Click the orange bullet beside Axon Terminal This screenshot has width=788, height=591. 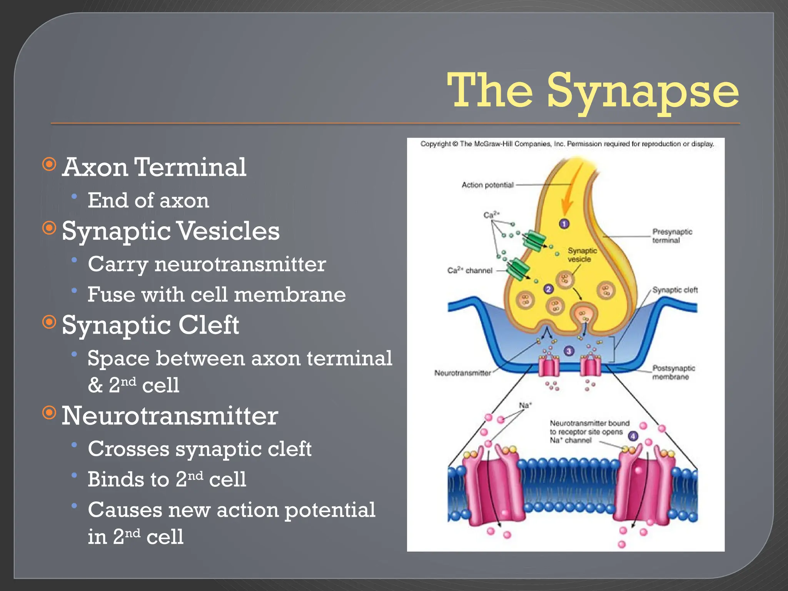[49, 165]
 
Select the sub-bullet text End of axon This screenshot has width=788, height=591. [148, 200]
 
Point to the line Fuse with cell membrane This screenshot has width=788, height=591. [216, 295]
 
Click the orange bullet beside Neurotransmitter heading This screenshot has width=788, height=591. [49, 413]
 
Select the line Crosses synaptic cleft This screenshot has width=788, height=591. [199, 449]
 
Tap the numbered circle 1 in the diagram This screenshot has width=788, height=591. [564, 224]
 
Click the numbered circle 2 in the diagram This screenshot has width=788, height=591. [548, 289]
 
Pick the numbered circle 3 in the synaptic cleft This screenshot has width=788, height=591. [569, 351]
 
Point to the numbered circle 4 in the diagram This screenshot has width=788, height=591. [633, 436]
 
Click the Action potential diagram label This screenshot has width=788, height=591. [487, 185]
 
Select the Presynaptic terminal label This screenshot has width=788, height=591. [672, 236]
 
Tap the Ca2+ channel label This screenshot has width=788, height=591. [470, 270]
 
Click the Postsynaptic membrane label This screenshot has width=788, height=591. [673, 372]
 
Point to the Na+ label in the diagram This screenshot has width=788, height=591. [525, 405]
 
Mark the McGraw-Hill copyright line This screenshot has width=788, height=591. [567, 144]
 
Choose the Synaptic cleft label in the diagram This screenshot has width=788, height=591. [674, 290]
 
